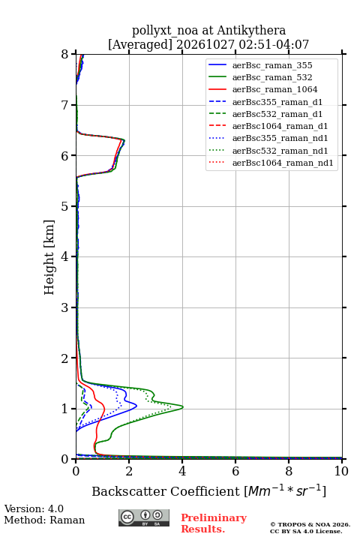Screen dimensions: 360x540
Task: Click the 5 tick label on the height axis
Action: [x=65, y=206]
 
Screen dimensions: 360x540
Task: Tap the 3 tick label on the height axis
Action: [x=65, y=307]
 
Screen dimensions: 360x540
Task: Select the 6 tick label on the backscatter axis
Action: [x=235, y=471]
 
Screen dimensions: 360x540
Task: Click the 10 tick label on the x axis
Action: [x=341, y=471]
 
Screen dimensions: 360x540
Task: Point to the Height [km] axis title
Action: [x=49, y=257]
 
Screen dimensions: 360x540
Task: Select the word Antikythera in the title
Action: [x=251, y=31]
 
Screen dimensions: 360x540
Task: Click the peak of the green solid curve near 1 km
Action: [x=183, y=407]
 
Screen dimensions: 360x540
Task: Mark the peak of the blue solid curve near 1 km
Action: [x=136, y=406]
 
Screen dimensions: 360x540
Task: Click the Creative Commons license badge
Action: [x=144, y=517]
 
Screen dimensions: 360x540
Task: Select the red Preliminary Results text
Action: [x=214, y=523]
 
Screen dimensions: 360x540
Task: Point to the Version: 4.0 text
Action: [x=34, y=508]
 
